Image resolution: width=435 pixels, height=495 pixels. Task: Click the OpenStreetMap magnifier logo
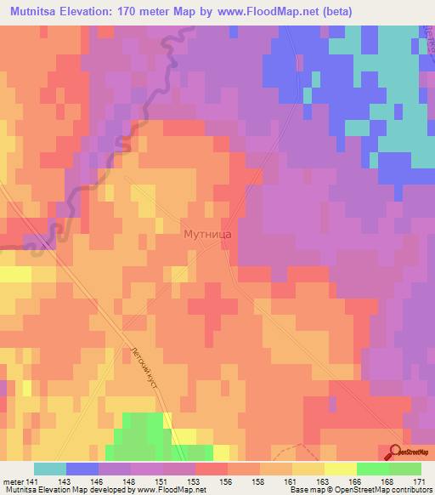point(395,452)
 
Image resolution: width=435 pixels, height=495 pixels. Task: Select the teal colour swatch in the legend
point(50,469)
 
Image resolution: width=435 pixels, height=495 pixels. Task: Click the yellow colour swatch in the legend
point(340,469)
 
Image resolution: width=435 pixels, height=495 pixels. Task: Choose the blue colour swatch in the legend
point(82,469)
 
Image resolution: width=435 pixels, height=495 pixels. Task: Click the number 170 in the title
point(131,12)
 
